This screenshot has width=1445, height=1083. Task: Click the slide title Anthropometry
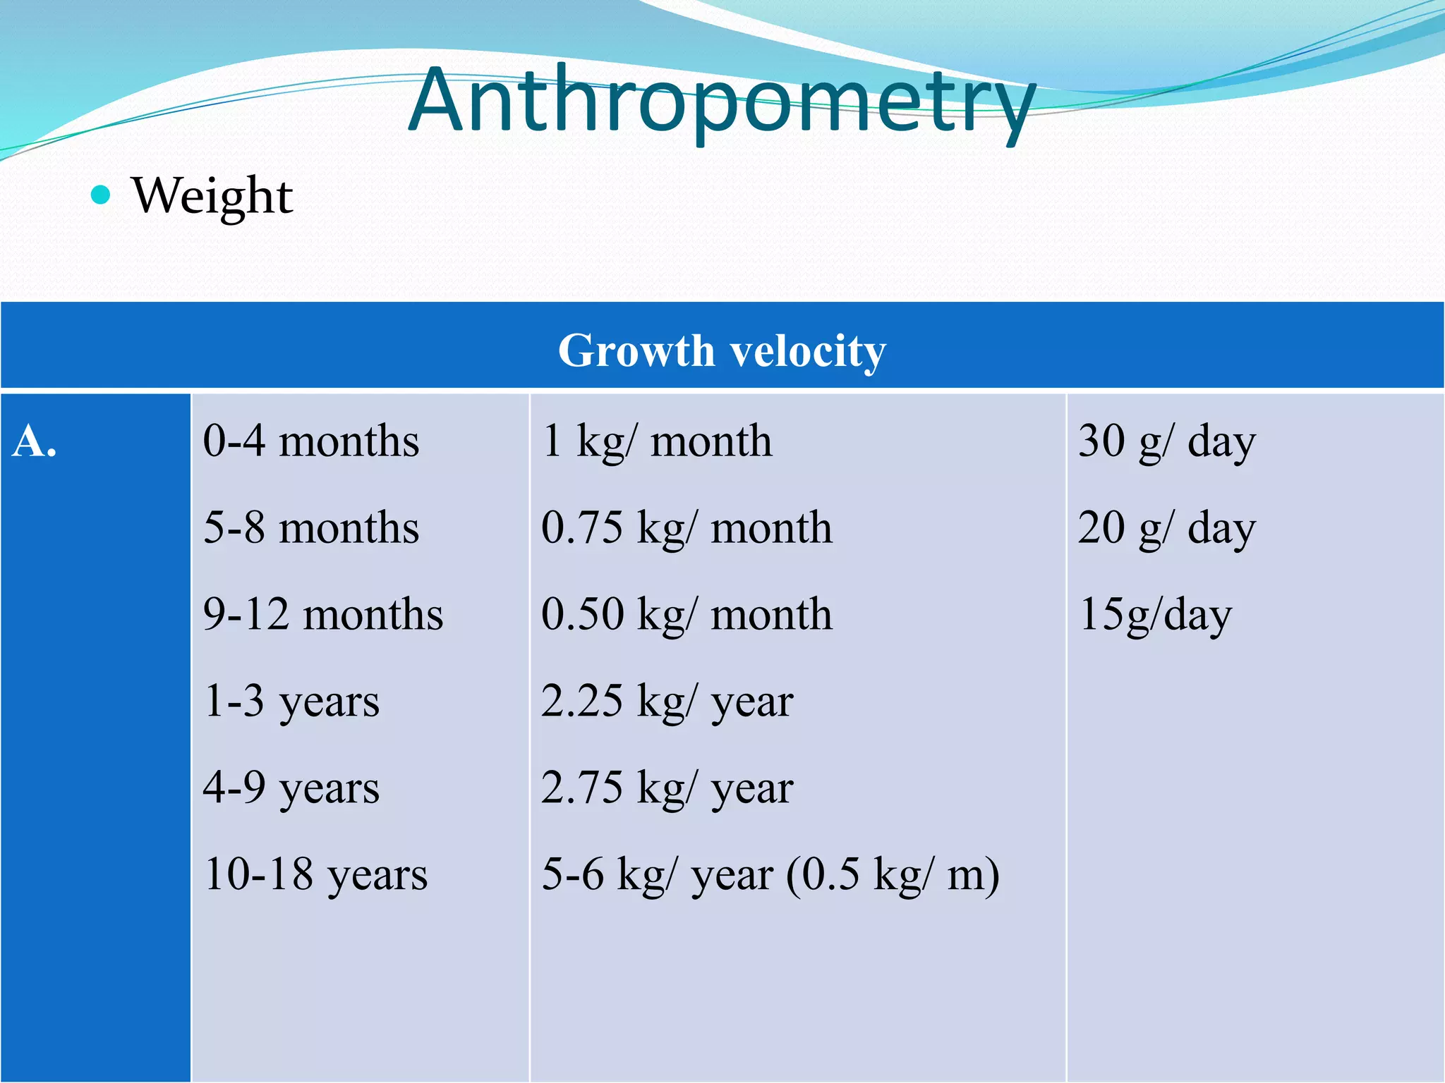tap(721, 102)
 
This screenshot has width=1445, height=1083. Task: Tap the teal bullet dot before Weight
tap(101, 195)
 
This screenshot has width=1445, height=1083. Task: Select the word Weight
tap(212, 196)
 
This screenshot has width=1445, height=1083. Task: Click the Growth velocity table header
tap(722, 350)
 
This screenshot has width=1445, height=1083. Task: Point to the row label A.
tap(34, 442)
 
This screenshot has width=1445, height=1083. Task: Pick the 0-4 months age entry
tap(310, 442)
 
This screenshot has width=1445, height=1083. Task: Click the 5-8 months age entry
tap(310, 528)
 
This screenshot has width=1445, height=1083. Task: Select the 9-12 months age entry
tap(322, 615)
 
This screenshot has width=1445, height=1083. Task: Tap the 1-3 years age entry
tap(291, 702)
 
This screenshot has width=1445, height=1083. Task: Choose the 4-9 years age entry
tap(291, 788)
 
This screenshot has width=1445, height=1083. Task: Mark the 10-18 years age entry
tap(315, 875)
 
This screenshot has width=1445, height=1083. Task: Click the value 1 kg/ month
tap(656, 442)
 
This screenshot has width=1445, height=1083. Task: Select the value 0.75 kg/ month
tap(686, 528)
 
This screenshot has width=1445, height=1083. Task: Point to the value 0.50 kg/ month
tap(686, 615)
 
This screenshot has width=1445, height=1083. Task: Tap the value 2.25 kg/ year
tap(667, 702)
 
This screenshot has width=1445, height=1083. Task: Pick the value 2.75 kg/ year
tap(667, 788)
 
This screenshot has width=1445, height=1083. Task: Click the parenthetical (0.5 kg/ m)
tap(893, 875)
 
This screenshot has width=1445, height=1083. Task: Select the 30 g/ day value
tap(1166, 442)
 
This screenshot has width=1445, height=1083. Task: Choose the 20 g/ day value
tap(1166, 528)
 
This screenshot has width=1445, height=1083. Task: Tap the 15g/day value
tap(1155, 615)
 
